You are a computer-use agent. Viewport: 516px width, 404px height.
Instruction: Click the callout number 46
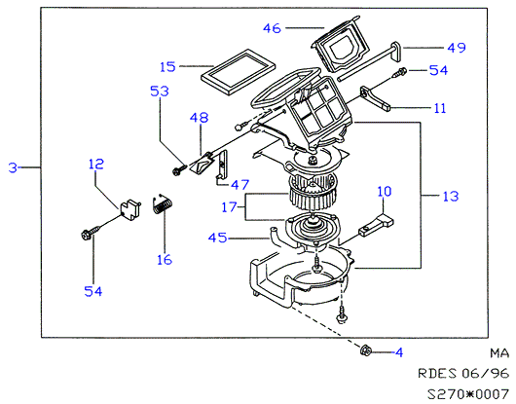pyautogui.click(x=272, y=28)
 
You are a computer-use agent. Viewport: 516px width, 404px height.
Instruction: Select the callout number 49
pyautogui.click(x=457, y=48)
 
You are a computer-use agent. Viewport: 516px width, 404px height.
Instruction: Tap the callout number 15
pyautogui.click(x=167, y=67)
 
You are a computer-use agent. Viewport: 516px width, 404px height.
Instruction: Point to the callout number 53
pyautogui.click(x=160, y=92)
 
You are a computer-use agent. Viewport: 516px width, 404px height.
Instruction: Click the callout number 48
pyautogui.click(x=199, y=118)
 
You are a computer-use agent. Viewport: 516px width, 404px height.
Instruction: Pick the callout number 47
pyautogui.click(x=240, y=185)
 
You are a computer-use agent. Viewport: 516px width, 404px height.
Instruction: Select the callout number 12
pyautogui.click(x=96, y=164)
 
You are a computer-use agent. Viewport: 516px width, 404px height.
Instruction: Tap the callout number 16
pyautogui.click(x=165, y=260)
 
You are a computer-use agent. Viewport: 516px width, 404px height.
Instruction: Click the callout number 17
pyautogui.click(x=230, y=207)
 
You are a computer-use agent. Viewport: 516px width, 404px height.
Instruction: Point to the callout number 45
pyautogui.click(x=218, y=238)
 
